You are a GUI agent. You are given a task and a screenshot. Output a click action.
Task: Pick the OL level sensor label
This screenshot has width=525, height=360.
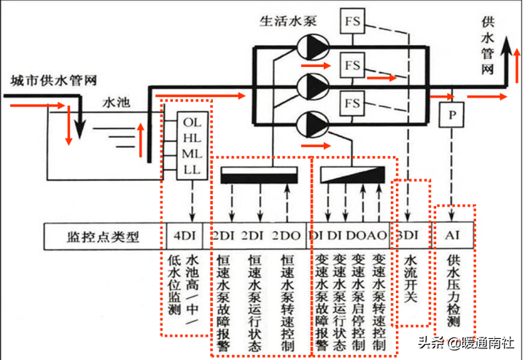point(192,122)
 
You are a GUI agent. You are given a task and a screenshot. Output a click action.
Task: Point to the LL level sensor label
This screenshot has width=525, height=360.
point(192,169)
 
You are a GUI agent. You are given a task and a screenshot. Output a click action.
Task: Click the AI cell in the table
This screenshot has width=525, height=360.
point(453,236)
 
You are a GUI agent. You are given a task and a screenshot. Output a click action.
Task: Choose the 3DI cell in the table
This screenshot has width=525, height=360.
point(407,236)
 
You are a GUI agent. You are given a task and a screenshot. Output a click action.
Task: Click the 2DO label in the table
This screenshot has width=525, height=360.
point(286,236)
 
